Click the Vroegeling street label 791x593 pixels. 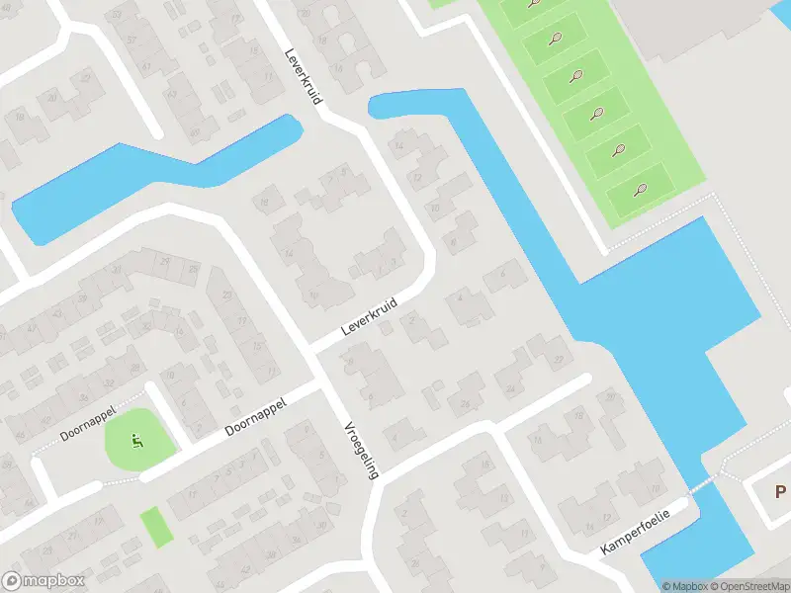[x=361, y=450]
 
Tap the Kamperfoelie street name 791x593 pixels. [x=636, y=531]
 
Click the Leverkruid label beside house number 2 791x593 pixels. [x=369, y=316]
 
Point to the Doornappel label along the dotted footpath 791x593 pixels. [x=88, y=422]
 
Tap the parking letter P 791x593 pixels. [x=781, y=491]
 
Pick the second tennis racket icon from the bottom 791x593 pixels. [x=619, y=150]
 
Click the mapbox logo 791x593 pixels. [x=44, y=581]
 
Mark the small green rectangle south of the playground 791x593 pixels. [x=156, y=526]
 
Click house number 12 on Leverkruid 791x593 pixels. [x=416, y=178]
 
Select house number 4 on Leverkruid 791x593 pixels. [x=461, y=297]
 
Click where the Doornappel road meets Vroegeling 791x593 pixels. [x=326, y=385]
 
